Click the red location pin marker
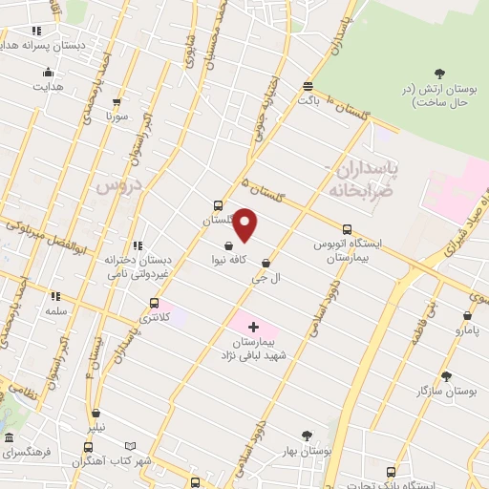pos(245,224)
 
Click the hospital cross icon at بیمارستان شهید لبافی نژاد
pos(253,327)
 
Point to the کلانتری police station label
pos(153,317)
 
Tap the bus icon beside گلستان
pos(219,204)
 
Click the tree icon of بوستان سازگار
pos(445,376)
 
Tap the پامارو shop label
pos(468,330)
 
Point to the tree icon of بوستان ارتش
pos(439,74)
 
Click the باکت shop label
pos(307,98)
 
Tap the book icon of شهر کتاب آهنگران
pos(131,446)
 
